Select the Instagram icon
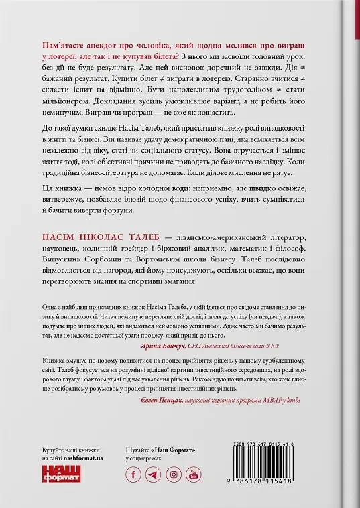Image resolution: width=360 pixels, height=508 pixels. pyautogui.click(x=174, y=475)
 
